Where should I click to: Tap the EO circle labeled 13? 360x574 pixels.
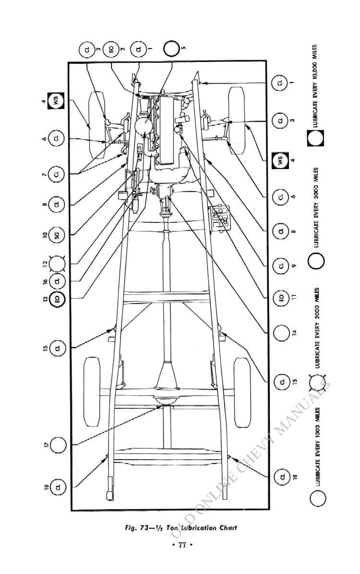click(x=58, y=299)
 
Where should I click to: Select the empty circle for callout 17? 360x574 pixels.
click(x=58, y=444)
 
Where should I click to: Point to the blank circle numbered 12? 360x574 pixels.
click(x=58, y=263)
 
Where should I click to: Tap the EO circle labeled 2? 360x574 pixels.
click(x=111, y=49)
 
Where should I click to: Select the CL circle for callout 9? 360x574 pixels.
click(x=281, y=265)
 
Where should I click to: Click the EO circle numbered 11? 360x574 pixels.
click(x=281, y=298)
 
